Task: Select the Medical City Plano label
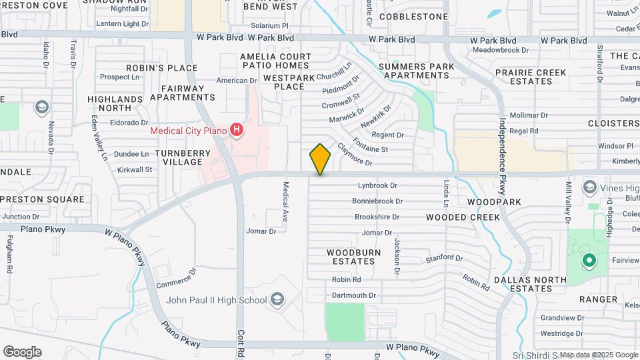click(x=188, y=131)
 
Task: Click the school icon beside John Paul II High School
click(x=277, y=300)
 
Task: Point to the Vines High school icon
click(x=589, y=187)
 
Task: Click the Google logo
click(x=22, y=352)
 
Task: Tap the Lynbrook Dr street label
click(x=377, y=186)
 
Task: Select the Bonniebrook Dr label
click(x=377, y=201)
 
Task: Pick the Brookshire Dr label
click(x=377, y=217)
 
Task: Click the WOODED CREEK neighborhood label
click(x=463, y=217)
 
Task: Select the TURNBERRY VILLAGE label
click(x=183, y=157)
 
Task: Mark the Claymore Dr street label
click(x=353, y=155)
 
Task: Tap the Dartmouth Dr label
click(x=353, y=295)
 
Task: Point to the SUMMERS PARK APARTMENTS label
click(x=416, y=71)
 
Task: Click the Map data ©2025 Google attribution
click(x=599, y=355)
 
